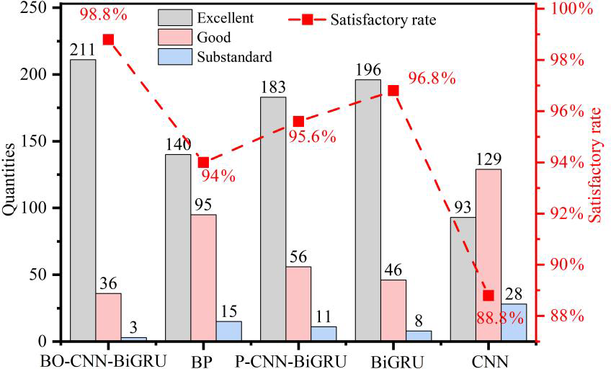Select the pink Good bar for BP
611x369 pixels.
[203, 277]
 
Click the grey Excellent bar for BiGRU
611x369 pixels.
[367, 210]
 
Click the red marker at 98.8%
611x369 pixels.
[108, 39]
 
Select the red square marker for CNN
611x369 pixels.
[489, 295]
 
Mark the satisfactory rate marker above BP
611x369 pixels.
[203, 162]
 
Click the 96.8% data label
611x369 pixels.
[432, 79]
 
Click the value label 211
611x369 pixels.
[83, 50]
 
